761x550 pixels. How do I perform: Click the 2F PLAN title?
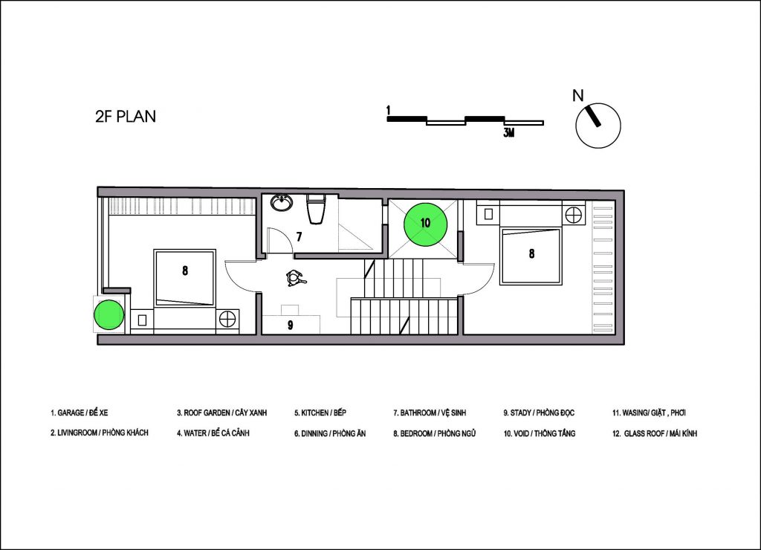126,117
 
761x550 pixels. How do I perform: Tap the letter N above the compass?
577,96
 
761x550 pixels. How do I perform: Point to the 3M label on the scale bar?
508,132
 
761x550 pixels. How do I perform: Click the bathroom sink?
282,202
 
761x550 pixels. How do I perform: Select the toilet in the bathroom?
316,208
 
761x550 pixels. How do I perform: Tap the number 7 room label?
299,237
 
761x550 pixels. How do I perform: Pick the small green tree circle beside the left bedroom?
109,315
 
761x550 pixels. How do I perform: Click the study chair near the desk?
294,279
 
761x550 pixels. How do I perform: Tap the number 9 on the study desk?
291,326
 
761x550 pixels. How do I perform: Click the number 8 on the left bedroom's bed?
185,271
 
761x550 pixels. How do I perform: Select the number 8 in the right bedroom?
531,253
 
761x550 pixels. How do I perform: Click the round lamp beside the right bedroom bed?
574,214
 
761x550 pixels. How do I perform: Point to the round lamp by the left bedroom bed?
227,320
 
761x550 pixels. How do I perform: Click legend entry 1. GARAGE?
79,412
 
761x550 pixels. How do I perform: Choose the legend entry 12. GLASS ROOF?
654,433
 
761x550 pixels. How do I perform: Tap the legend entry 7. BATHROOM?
430,412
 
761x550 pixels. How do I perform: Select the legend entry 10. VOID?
540,433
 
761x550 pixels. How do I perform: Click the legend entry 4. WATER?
213,433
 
